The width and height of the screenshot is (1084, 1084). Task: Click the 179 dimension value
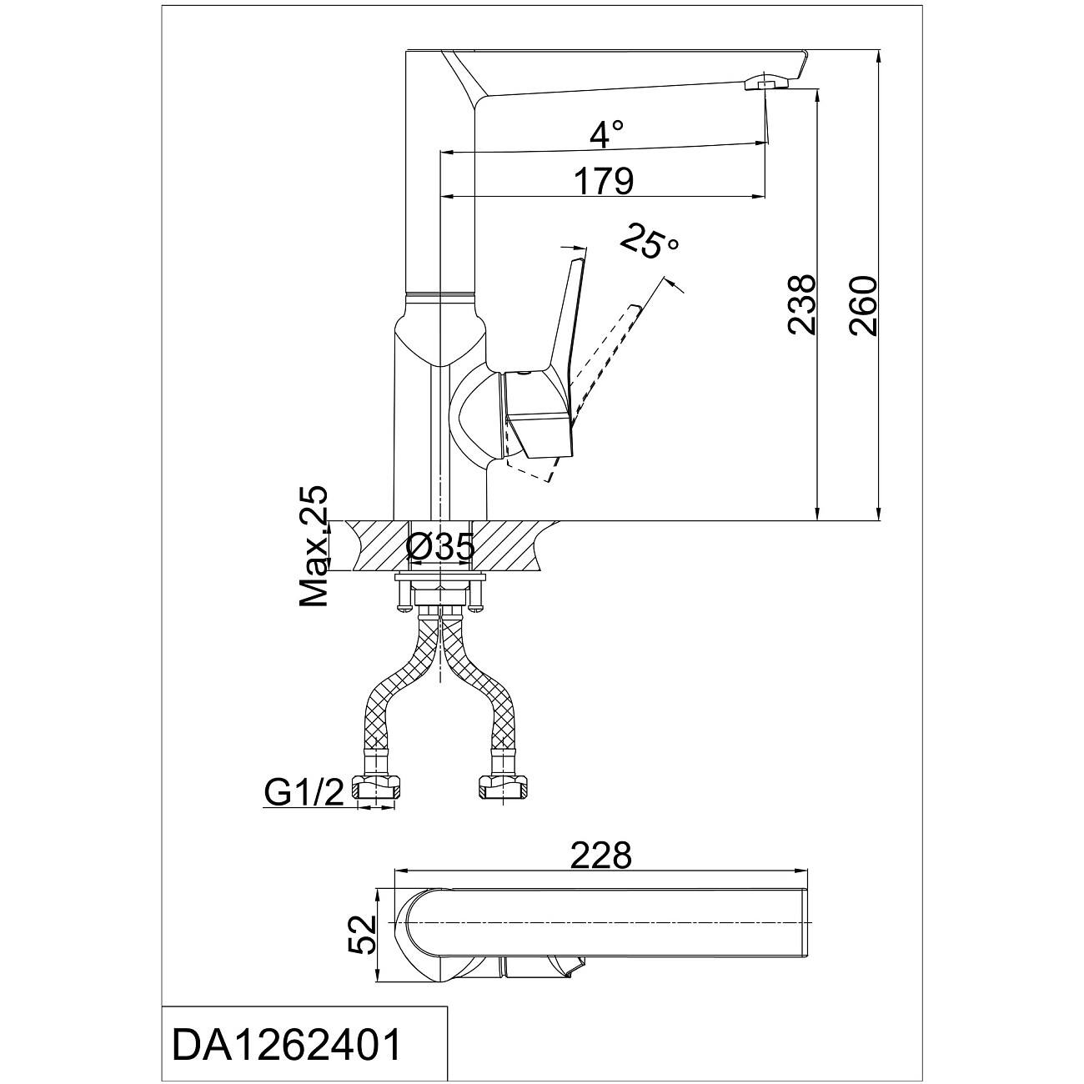click(604, 181)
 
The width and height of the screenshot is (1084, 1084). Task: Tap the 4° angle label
click(606, 135)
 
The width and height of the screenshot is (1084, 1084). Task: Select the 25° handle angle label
click(650, 242)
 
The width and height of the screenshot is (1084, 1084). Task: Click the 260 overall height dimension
click(863, 305)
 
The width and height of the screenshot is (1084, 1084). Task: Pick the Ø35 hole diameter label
click(440, 546)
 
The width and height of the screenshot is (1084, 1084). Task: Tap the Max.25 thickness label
click(314, 546)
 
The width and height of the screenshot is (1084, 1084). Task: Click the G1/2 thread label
click(304, 794)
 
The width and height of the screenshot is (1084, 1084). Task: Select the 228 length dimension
click(601, 856)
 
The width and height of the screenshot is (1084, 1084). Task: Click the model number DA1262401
click(286, 1045)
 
